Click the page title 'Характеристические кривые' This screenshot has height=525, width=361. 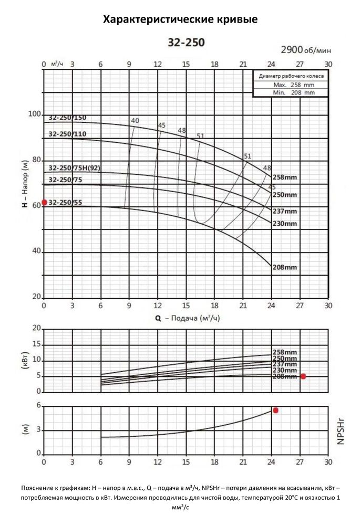[180, 20]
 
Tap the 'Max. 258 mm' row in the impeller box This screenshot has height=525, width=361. [290, 84]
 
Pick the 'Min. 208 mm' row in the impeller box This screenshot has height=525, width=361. [290, 92]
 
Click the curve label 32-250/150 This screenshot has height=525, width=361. [67, 118]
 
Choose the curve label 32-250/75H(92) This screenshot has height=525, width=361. [74, 168]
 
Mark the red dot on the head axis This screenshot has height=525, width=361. [44, 202]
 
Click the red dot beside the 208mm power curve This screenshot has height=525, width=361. [303, 376]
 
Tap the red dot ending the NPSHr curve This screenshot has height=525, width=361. [275, 410]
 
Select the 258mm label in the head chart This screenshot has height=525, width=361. [285, 177]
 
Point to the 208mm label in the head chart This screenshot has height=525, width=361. [285, 267]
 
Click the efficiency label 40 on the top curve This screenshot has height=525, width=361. [135, 121]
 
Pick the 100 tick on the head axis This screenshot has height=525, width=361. [34, 114]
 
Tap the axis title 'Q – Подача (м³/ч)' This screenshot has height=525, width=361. [187, 318]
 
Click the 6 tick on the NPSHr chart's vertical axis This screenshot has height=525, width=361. [38, 406]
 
